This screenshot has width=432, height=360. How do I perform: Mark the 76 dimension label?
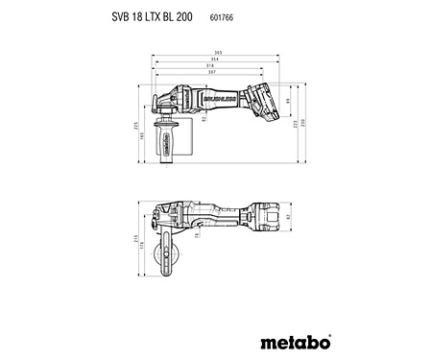click(200, 234)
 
